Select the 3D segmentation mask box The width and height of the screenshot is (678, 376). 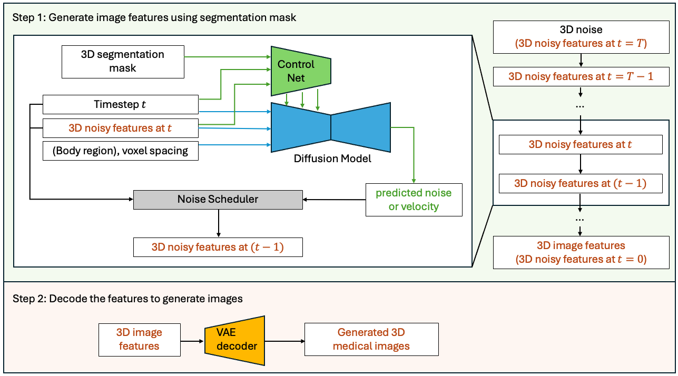point(123,62)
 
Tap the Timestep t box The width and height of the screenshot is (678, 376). point(120,104)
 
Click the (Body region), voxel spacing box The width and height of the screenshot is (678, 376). point(120,151)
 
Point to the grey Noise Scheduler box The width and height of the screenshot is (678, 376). point(218,200)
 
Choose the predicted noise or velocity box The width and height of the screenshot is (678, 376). point(414,200)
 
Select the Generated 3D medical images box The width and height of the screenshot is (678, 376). point(371,339)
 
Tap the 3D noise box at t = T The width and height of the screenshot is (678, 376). point(580,37)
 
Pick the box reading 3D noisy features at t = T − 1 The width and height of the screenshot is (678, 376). point(580,76)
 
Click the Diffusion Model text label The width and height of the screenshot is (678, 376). point(332,159)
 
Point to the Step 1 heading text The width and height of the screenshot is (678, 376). point(154,18)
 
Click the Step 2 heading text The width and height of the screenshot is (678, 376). point(127,299)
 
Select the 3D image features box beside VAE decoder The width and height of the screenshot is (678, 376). point(139,339)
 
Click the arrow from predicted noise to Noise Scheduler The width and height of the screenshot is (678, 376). point(335,200)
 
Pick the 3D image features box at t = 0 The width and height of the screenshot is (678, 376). point(580,252)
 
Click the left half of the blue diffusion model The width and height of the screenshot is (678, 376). point(300,128)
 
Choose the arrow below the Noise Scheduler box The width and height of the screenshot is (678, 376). point(218,223)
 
